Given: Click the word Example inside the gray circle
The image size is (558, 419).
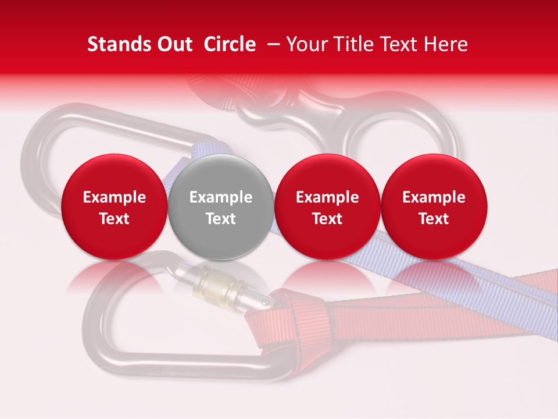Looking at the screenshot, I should (x=221, y=197).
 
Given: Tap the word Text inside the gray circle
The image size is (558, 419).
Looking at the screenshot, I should (x=221, y=219).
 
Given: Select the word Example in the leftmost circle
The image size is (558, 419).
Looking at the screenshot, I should (x=114, y=197).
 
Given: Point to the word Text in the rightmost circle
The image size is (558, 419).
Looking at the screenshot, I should (x=434, y=219).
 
